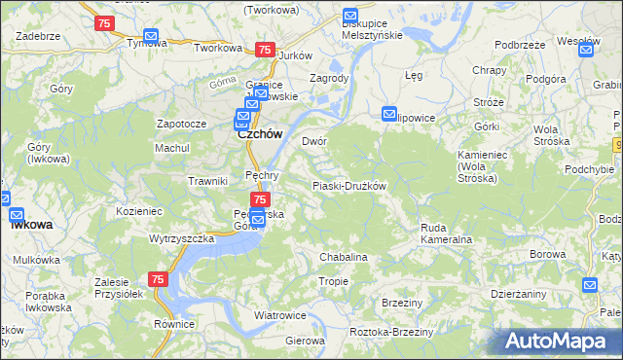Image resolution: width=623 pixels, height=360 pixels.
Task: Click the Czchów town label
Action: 260,135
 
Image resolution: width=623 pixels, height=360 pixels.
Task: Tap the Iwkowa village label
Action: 32,224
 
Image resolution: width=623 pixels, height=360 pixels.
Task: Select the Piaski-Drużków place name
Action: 349,186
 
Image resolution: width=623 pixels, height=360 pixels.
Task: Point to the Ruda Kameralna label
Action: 446,233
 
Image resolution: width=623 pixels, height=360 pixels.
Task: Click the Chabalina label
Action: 344,257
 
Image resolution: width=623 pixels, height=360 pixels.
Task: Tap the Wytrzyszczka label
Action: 181,238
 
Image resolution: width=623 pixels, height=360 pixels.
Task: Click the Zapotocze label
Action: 182,125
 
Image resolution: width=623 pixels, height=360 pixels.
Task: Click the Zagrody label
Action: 328,78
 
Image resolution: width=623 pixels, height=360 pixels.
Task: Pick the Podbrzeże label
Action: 519,45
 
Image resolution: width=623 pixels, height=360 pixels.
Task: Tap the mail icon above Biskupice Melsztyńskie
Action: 350,16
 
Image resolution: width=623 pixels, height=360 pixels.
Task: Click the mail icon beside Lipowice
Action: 389,113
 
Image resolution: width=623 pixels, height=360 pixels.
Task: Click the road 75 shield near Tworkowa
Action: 263,50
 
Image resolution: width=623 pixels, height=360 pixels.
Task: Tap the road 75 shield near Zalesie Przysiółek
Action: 159,279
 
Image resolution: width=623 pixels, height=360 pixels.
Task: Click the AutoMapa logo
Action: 561,341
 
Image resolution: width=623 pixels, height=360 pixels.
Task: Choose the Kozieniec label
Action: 138,210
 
